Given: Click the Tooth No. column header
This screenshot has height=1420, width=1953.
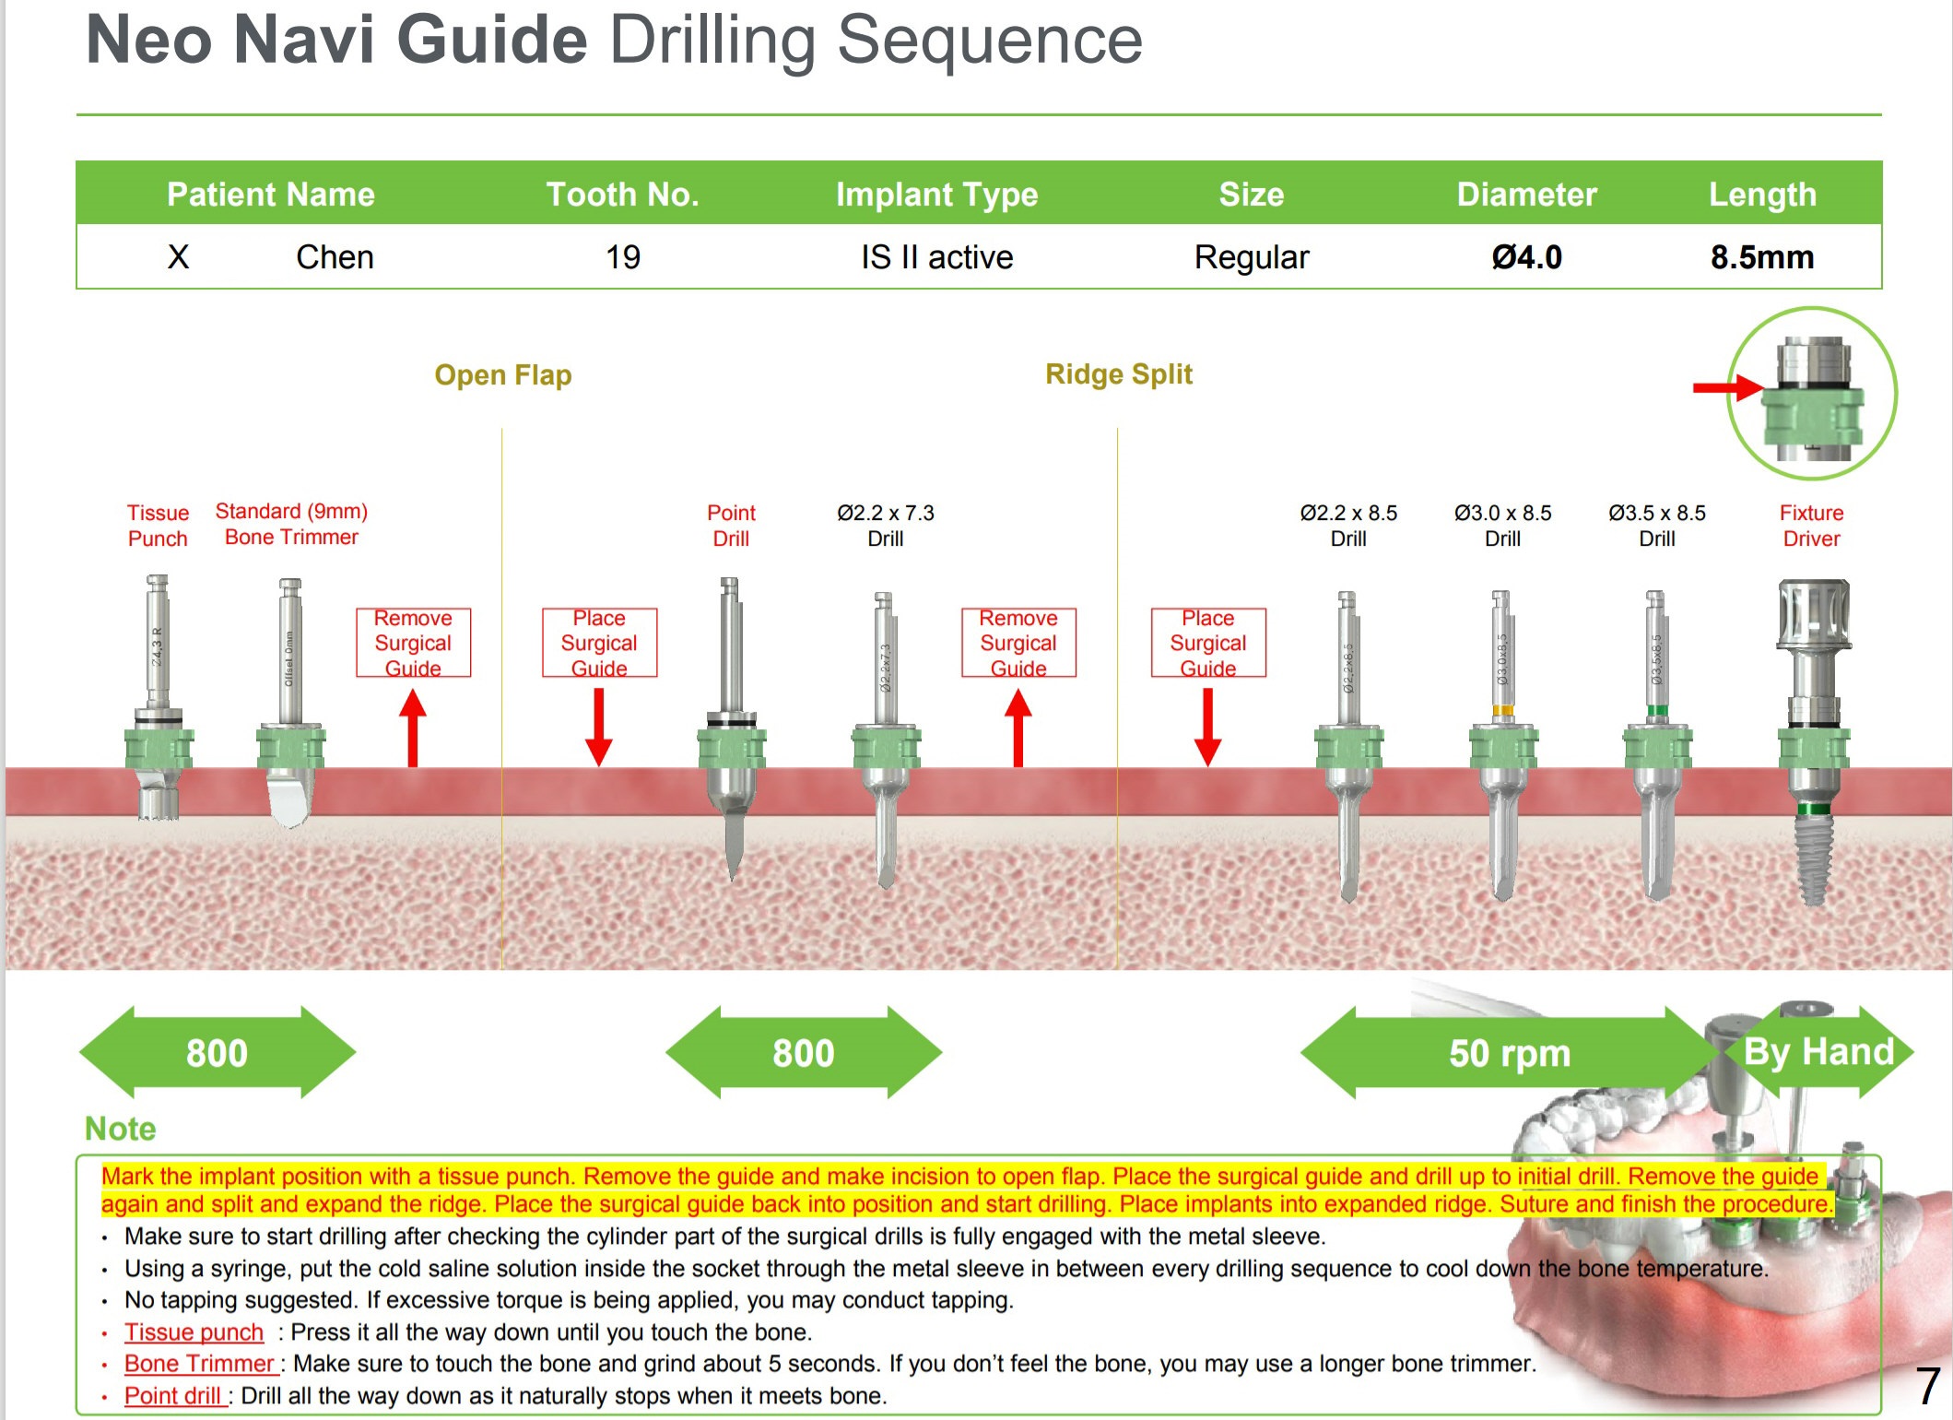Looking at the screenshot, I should (622, 195).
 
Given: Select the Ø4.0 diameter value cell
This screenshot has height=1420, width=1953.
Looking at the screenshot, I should (1526, 257).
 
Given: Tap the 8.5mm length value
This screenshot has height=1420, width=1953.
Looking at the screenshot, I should (1761, 257).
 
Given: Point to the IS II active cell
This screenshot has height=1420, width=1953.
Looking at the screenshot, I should (936, 257).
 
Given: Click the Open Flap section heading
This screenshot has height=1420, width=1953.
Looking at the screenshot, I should (503, 375).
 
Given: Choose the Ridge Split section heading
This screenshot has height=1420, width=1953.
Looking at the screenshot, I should (1118, 374).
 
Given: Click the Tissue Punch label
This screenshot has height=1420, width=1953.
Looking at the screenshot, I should (158, 526).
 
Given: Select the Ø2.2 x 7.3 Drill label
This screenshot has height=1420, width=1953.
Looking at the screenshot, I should (885, 526).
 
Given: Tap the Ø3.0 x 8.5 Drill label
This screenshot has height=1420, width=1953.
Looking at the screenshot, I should (1502, 526).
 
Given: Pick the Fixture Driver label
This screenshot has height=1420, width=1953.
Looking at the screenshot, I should (1811, 526).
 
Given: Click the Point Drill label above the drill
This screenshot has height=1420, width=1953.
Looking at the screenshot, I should (731, 526).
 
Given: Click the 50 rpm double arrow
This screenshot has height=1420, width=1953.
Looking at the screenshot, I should (1509, 1053).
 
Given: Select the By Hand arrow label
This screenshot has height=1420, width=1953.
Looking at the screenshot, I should (1818, 1052).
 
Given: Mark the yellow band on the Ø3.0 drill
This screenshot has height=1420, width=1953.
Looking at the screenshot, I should (1502, 710).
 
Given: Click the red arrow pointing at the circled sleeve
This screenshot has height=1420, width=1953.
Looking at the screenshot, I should (1725, 387).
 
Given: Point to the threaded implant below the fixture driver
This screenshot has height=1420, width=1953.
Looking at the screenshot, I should (1813, 858).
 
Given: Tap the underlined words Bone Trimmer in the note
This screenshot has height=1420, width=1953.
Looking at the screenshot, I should (200, 1364).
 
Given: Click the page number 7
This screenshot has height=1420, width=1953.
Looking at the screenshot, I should (1927, 1386).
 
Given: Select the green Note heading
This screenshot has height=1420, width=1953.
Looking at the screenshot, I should (120, 1129).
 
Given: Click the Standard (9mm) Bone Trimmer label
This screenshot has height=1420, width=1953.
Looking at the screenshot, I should (291, 524).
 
